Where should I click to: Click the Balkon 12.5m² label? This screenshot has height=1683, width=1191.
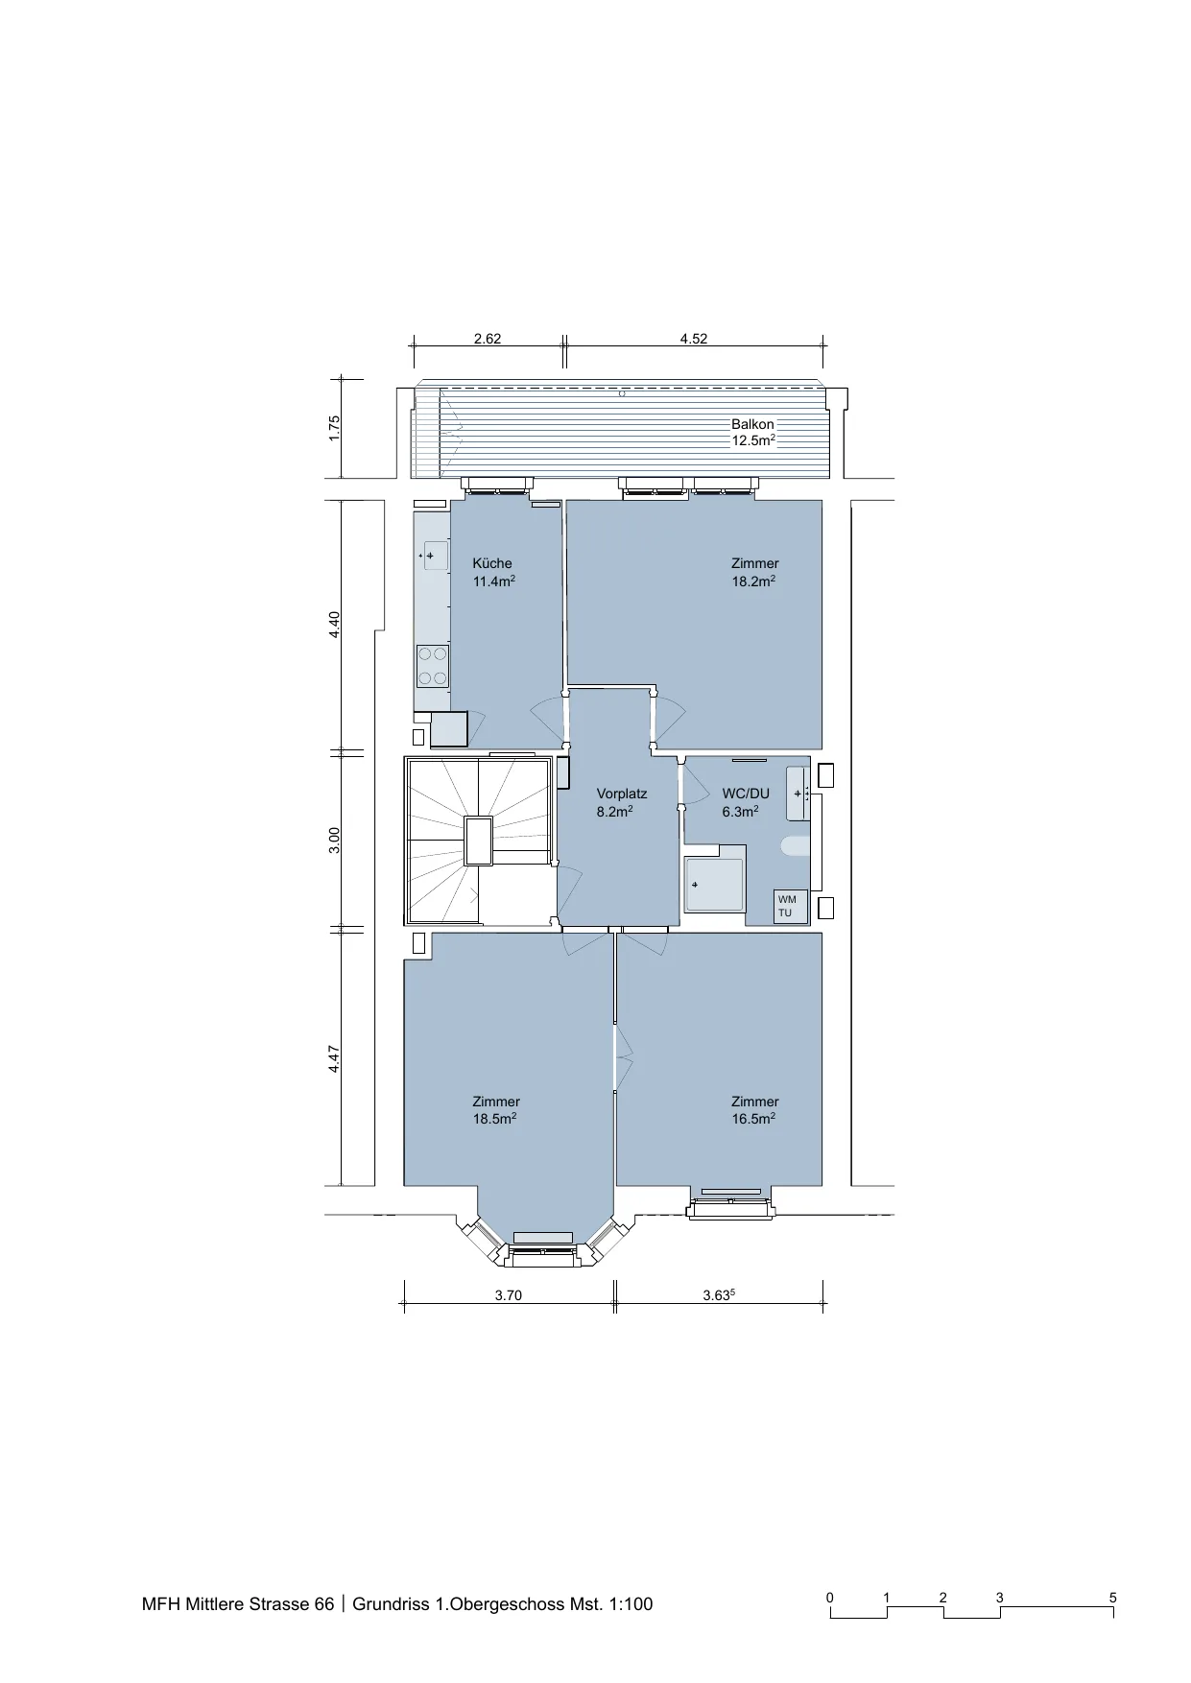pos(753,433)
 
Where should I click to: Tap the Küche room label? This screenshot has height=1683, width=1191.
pos(491,563)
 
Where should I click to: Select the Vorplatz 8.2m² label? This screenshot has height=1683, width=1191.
pos(622,802)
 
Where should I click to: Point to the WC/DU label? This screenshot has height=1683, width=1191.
pos(746,794)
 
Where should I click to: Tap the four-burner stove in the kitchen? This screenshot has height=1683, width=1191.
pos(432,666)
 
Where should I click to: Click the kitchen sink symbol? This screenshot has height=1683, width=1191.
pos(434,555)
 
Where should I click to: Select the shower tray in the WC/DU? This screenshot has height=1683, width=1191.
pos(714,884)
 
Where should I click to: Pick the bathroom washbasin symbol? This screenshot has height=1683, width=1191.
pos(798,794)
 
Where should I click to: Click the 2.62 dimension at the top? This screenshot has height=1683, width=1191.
pos(488,339)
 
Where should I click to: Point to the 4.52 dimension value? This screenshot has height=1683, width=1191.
pos(693,339)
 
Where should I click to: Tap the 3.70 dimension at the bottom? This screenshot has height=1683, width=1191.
pos(508,1295)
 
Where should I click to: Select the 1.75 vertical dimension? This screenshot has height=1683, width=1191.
pos(334,428)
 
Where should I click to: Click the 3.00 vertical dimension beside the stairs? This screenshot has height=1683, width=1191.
pos(334,840)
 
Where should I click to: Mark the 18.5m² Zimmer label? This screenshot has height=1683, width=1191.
pos(495,1110)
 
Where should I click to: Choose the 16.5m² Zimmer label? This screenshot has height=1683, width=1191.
pos(754,1110)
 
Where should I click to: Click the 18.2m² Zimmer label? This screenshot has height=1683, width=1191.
pos(754,572)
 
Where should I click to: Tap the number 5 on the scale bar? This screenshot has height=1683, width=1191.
pos(1113,1598)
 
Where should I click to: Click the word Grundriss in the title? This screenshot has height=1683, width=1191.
pos(392,1603)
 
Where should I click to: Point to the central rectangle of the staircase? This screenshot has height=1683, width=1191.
pos(479,841)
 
